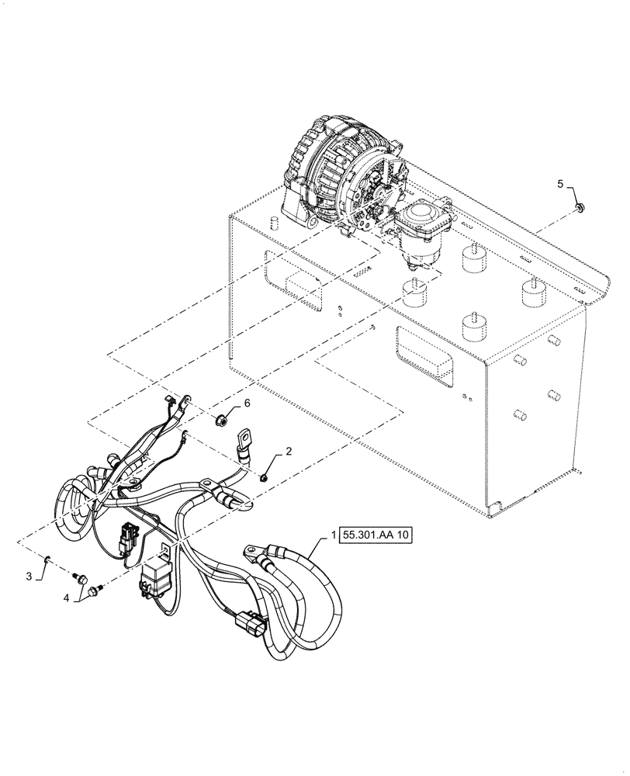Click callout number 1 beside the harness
[334, 535]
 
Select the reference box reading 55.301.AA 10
[377, 536]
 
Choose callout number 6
[248, 404]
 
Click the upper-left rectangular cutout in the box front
[293, 277]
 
